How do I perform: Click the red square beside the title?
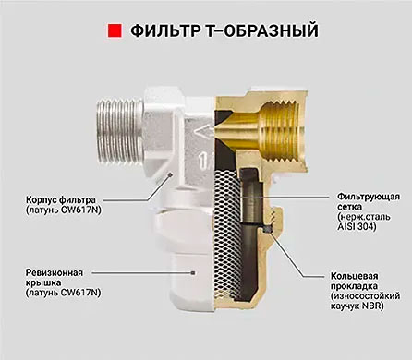(x=115, y=30)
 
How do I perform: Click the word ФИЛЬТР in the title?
(x=164, y=30)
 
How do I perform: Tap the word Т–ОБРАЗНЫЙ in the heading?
(x=261, y=30)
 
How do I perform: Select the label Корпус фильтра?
(x=61, y=199)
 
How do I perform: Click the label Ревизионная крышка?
(x=55, y=278)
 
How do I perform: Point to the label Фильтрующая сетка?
(x=369, y=201)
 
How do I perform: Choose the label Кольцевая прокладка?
(x=354, y=281)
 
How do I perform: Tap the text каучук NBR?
(x=357, y=306)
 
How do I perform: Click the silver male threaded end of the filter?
(x=119, y=131)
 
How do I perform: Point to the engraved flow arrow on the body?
(x=203, y=133)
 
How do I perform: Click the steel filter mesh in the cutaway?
(x=227, y=234)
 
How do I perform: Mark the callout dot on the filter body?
(x=169, y=174)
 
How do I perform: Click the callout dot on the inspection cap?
(x=193, y=272)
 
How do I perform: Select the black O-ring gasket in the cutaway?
(x=268, y=229)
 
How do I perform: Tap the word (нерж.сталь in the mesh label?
(x=364, y=217)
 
